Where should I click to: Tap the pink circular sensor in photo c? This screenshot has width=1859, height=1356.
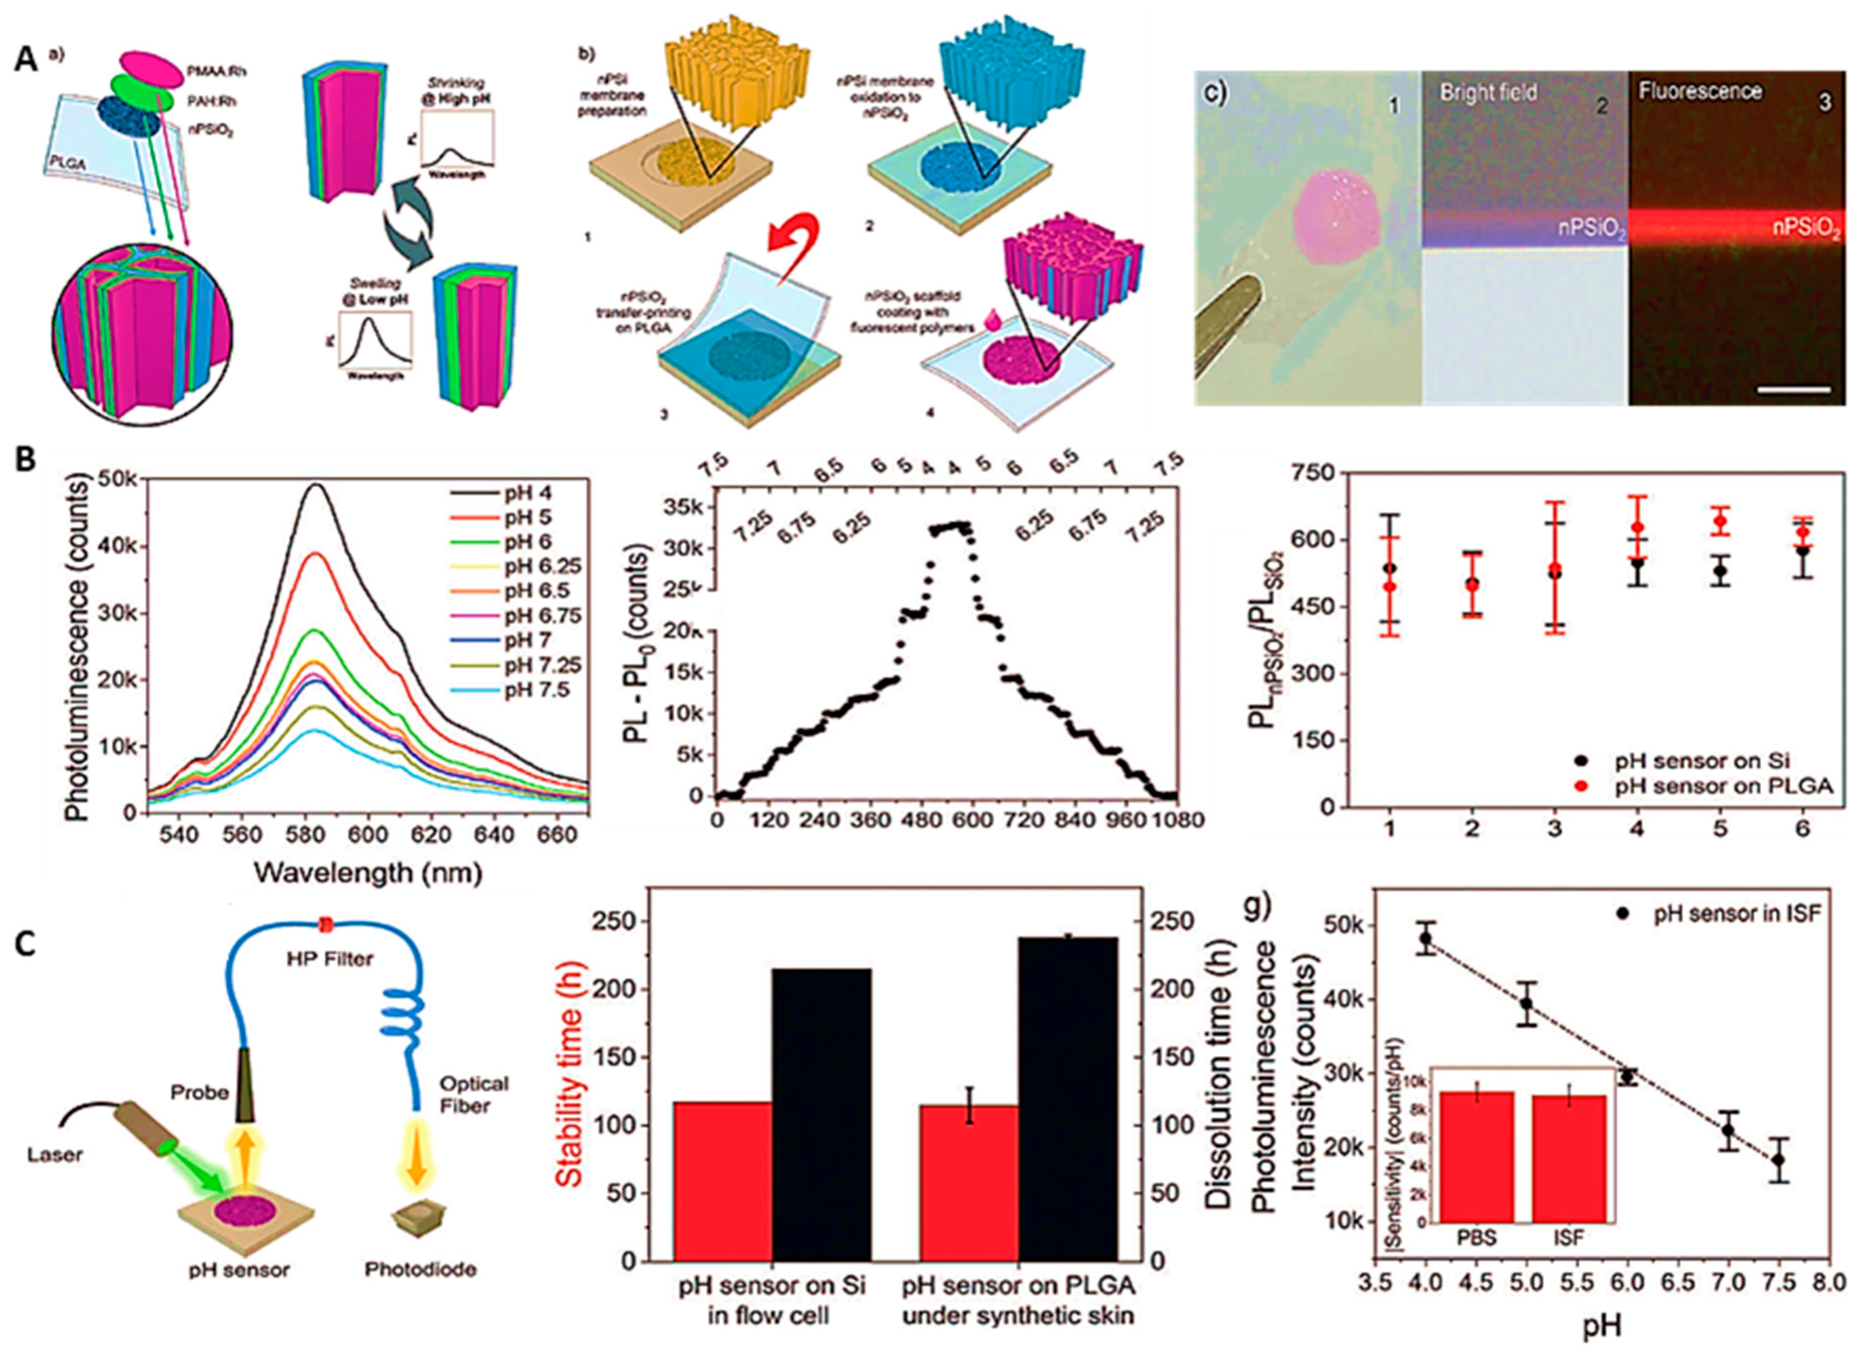pos(1338,217)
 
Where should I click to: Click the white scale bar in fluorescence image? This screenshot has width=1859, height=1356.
pos(1795,388)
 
